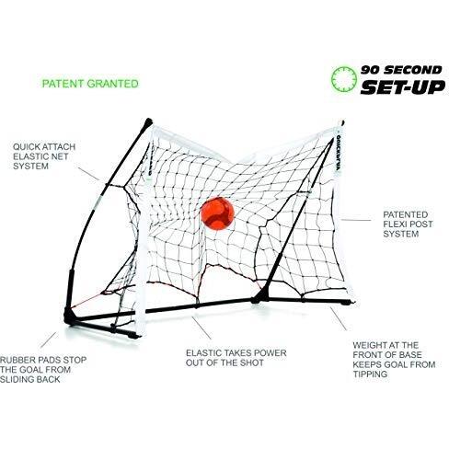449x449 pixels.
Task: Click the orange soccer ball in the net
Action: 217,213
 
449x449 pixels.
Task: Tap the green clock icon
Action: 344,79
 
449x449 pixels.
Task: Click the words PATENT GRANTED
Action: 90,84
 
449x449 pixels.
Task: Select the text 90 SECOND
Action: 401,70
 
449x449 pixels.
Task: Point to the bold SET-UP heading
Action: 402,87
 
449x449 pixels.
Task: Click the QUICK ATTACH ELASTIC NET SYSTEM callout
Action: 44,156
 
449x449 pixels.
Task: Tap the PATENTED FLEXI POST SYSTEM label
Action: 408,224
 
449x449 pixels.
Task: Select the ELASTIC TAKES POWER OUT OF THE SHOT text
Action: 236,358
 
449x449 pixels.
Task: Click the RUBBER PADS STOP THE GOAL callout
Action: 43,370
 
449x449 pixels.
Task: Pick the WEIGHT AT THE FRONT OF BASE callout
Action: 394,360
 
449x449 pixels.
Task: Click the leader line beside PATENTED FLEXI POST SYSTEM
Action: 356,220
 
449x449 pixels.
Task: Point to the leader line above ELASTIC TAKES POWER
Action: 201,328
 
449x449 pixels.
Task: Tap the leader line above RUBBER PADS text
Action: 49,340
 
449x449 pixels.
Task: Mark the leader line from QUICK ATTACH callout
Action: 89,174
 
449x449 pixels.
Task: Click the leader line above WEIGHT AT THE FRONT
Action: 339,318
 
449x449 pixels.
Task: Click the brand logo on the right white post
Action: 339,154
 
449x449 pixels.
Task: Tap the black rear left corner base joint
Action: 69,316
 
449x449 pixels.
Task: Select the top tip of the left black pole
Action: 149,120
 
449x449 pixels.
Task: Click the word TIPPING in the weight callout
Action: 370,374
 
